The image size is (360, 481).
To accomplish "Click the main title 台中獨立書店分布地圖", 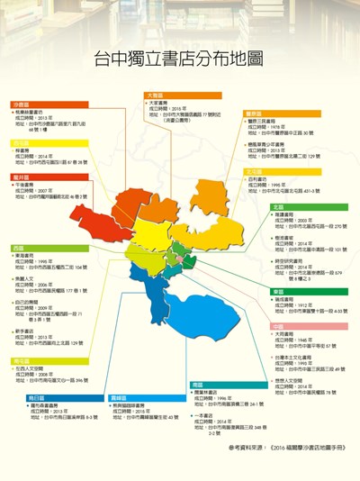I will tap(179, 59).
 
